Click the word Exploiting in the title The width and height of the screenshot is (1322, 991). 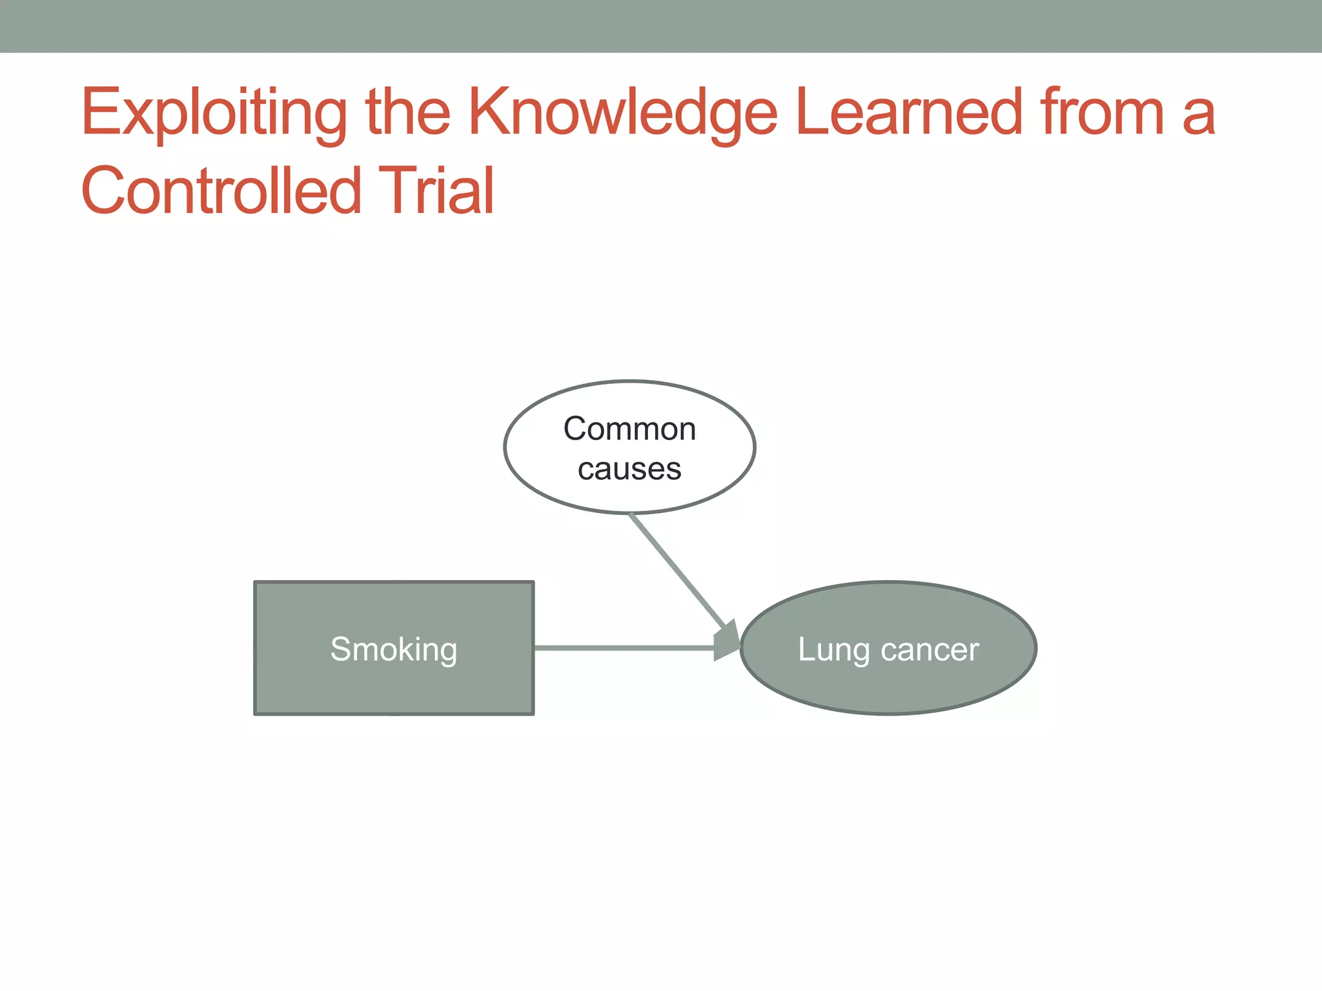(x=213, y=113)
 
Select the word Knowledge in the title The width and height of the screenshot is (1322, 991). (x=623, y=113)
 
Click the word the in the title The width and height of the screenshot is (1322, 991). (x=407, y=113)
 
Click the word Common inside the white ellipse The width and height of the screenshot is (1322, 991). (x=629, y=429)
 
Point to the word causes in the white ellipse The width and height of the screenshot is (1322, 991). (x=629, y=469)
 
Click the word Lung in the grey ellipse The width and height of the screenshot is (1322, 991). (x=834, y=650)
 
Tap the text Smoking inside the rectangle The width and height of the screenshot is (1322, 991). (x=394, y=649)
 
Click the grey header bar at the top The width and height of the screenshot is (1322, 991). (x=661, y=26)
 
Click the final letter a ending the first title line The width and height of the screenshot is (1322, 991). (x=1199, y=116)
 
